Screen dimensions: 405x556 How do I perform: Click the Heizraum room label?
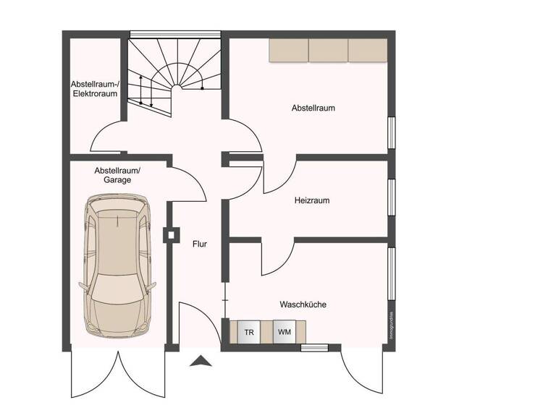pos(312,200)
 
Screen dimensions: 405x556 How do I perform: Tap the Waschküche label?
pos(303,304)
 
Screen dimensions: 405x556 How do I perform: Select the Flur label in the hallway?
pos(200,244)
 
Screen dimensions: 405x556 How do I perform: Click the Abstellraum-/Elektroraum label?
pos(95,88)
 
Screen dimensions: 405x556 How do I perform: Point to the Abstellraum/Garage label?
pos(117,175)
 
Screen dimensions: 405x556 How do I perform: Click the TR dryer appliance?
pos(249,333)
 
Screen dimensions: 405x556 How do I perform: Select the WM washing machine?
pos(284,333)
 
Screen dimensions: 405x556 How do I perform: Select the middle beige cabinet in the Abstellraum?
pos(329,50)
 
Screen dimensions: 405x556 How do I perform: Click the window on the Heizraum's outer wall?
pos(392,197)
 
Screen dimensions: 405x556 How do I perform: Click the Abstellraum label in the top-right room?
pos(313,108)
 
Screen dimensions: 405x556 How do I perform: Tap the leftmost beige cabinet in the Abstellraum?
pos(289,50)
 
